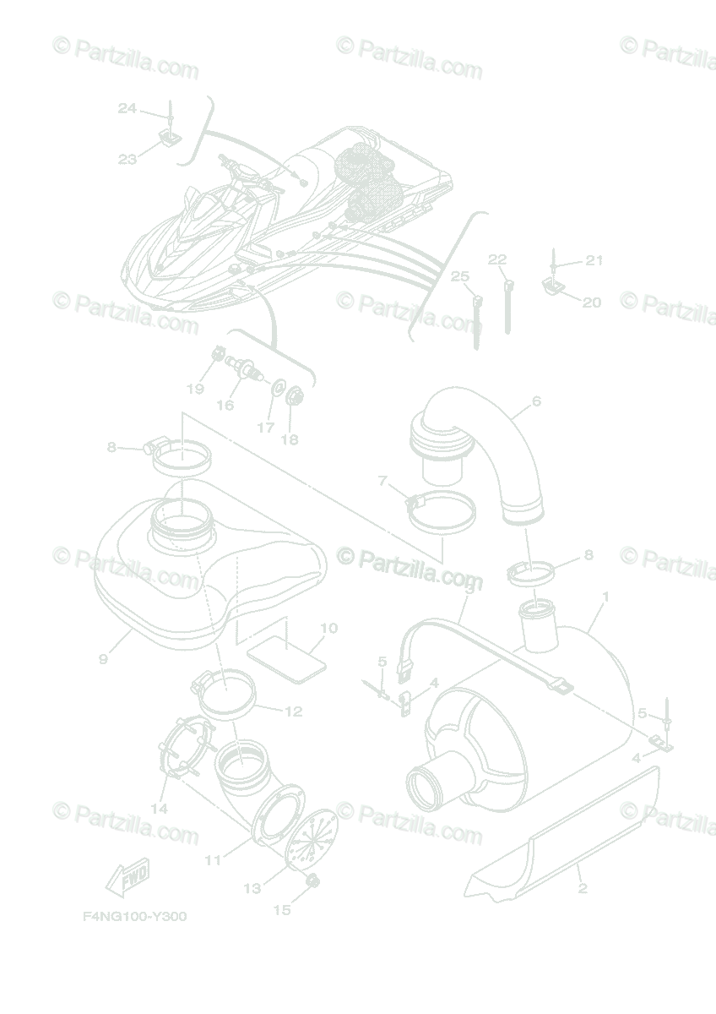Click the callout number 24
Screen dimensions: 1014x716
click(127, 108)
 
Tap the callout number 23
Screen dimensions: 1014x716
click(127, 159)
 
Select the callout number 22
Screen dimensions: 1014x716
click(497, 259)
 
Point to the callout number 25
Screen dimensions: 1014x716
click(459, 276)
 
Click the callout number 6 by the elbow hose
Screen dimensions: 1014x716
click(536, 401)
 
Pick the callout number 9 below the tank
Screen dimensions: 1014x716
click(103, 659)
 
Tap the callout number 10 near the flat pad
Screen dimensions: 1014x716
click(329, 628)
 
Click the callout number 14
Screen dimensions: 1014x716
click(160, 809)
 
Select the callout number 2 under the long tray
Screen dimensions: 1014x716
click(583, 889)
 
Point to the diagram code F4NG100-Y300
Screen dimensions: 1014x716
click(134, 917)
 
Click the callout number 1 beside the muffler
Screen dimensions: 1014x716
click(605, 597)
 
